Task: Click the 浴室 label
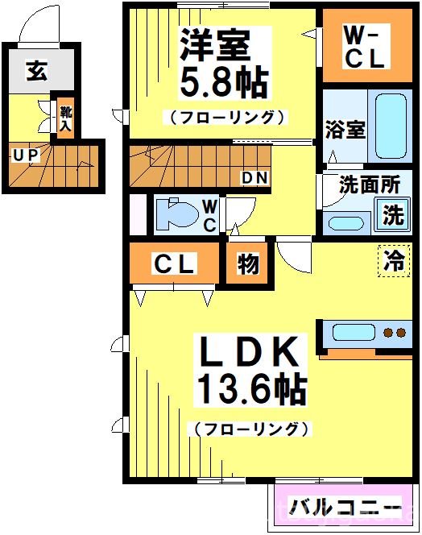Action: click(345, 130)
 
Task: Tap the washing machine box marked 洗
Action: click(392, 215)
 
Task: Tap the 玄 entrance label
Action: click(37, 71)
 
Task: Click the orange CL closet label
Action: click(173, 264)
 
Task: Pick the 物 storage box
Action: click(246, 264)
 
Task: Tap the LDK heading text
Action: click(250, 354)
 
